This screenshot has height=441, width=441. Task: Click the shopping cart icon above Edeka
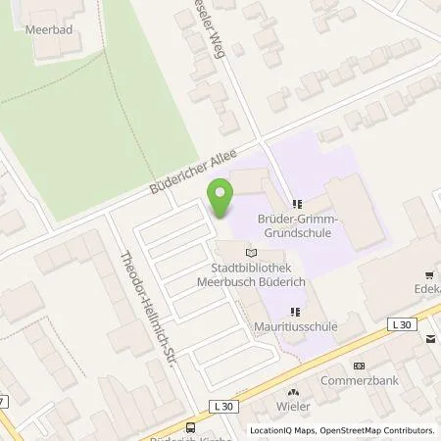(427, 275)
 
